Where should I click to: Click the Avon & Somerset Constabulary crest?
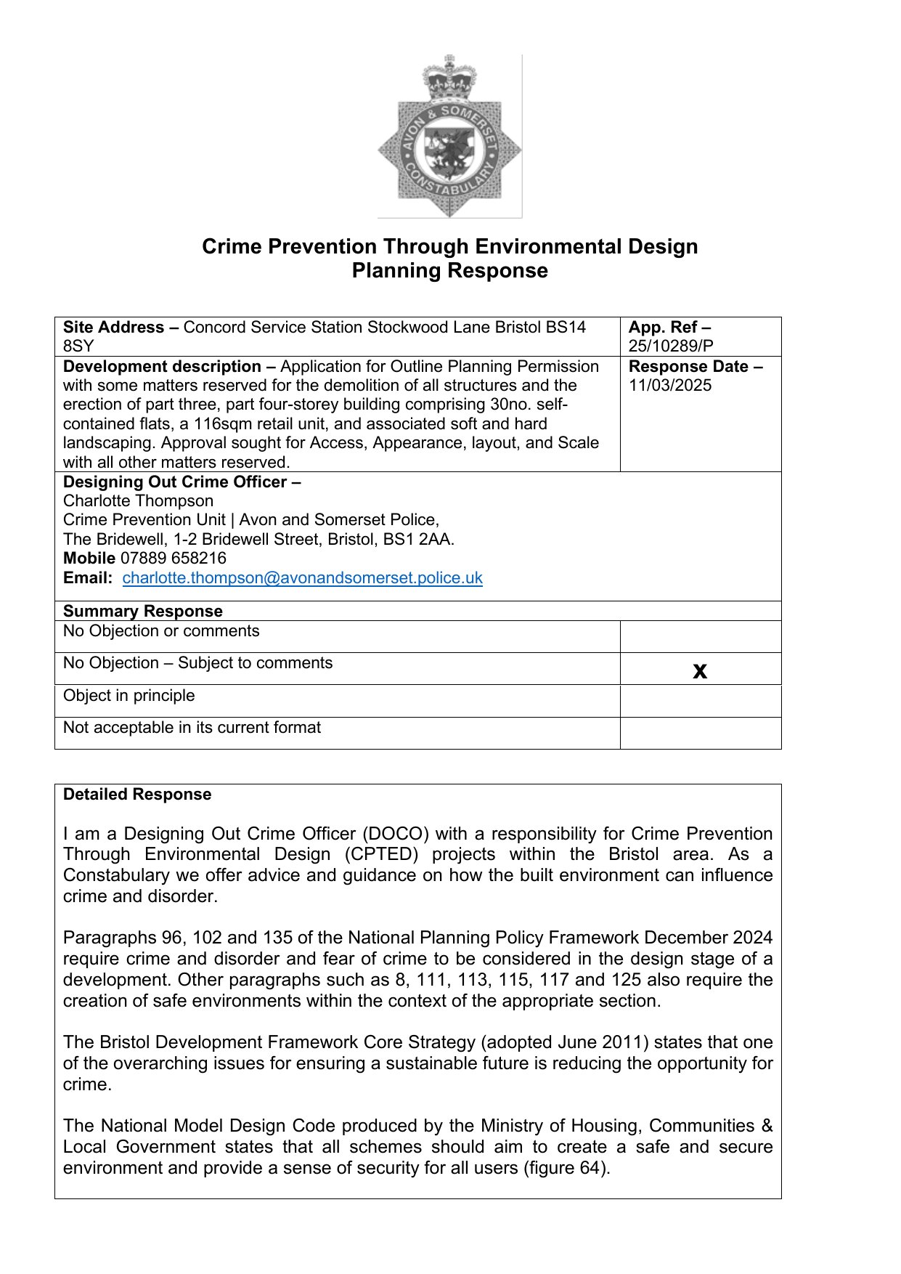449,138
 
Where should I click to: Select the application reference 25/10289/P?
671,346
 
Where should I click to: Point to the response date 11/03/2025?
670,386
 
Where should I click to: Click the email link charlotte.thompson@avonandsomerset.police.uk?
302,578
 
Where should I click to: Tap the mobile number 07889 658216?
173,559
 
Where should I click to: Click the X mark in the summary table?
700,670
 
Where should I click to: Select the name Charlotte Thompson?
138,501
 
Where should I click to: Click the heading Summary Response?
142,612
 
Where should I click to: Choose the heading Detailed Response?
137,795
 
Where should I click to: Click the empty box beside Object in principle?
700,701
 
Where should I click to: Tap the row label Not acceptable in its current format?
192,728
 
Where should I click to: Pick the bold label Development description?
162,367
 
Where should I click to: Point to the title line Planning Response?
449,271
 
